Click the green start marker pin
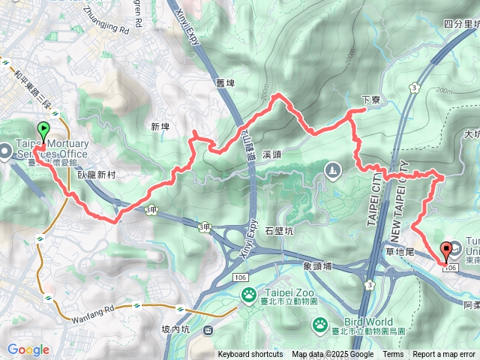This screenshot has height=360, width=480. coord(43,131)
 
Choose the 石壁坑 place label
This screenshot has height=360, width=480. coord(279,232)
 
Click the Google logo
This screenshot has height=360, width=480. coord(28,349)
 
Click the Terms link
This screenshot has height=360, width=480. coord(393,355)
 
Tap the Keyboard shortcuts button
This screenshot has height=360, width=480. coord(250,355)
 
